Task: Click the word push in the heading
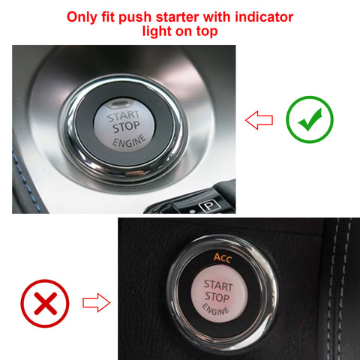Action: [145, 16]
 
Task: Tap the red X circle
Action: [45, 304]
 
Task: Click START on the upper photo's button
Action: [122, 117]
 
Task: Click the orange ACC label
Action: [224, 258]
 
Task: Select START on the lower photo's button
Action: [217, 286]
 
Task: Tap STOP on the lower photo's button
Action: [217, 298]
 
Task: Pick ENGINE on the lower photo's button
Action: [215, 310]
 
